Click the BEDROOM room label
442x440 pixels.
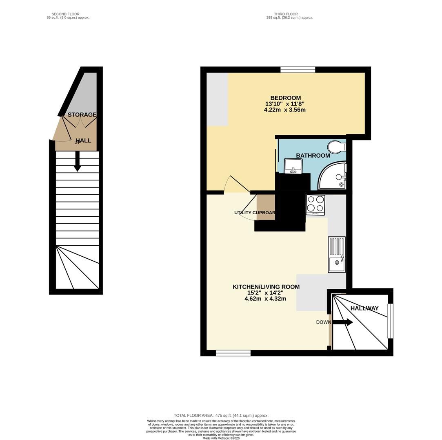pyautogui.click(x=285, y=98)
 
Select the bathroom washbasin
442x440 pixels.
pyautogui.click(x=293, y=166)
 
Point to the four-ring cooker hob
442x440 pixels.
pyautogui.click(x=315, y=205)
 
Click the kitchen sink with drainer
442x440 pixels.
pyautogui.click(x=337, y=255)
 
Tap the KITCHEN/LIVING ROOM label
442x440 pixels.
pyautogui.click(x=266, y=287)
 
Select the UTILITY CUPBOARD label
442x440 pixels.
pyautogui.click(x=255, y=213)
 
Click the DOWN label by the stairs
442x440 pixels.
pyautogui.click(x=324, y=322)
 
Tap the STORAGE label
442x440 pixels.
pyautogui.click(x=82, y=115)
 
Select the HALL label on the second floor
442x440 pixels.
pyautogui.click(x=83, y=141)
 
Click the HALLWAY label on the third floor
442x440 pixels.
pyautogui.click(x=364, y=308)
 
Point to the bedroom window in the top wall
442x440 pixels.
pyautogui.click(x=298, y=70)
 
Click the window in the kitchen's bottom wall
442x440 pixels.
pyautogui.click(x=233, y=353)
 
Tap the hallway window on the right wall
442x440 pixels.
pyautogui.click(x=390, y=321)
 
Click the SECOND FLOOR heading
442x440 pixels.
pyautogui.click(x=65, y=14)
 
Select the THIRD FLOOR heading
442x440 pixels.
pyautogui.click(x=286, y=14)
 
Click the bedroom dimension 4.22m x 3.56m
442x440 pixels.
pyautogui.click(x=285, y=110)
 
